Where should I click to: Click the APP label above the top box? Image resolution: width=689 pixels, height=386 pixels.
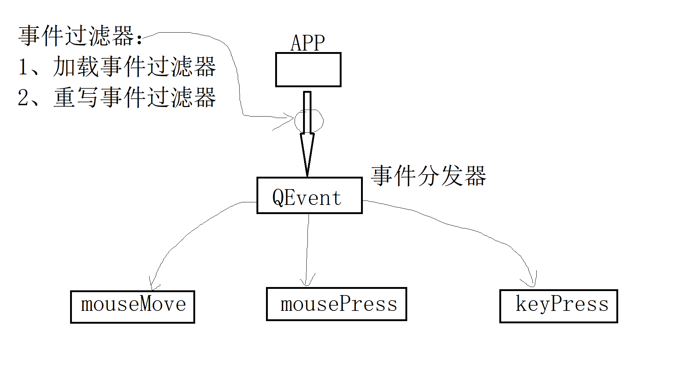point(307,43)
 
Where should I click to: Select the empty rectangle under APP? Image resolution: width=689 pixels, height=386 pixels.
point(308,70)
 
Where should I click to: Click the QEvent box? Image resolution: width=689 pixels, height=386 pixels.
point(309,195)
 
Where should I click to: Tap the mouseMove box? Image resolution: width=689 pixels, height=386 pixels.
point(132,307)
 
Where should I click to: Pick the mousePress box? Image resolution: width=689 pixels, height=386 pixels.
point(336,304)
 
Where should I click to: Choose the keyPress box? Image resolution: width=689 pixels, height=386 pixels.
point(558,306)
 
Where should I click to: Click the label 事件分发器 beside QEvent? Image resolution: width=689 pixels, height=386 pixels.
point(429,176)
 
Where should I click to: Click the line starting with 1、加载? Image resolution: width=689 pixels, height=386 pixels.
point(117,67)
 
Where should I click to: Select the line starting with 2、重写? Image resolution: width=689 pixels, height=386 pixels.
point(117,98)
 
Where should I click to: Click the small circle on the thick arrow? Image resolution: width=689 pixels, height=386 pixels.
point(309,121)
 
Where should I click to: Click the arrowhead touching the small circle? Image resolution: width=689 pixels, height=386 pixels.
point(292,118)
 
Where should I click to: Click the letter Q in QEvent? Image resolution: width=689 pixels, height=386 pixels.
point(278,198)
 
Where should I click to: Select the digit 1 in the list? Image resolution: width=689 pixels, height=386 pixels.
point(23,67)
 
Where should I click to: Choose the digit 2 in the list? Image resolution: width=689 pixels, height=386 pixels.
point(23,98)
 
